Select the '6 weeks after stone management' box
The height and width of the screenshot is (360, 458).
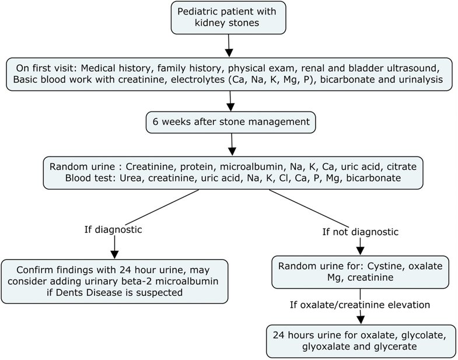tap(231, 123)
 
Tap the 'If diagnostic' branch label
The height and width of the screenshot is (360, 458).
tap(113, 229)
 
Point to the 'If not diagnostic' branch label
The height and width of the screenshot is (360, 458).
tap(360, 232)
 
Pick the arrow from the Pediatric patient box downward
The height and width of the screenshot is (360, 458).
tap(229, 44)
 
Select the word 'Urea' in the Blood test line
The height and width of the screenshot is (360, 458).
tap(115, 178)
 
